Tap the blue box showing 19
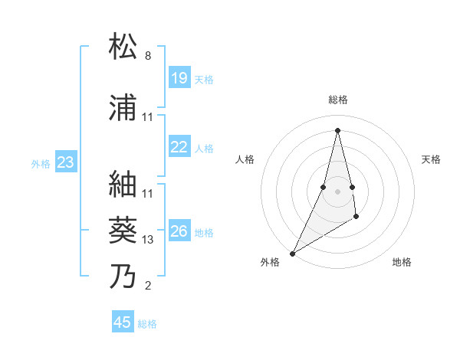pyautogui.click(x=179, y=78)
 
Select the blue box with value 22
pyautogui.click(x=179, y=147)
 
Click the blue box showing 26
pyautogui.click(x=179, y=231)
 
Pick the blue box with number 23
pyautogui.click(x=65, y=162)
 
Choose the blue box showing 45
pyautogui.click(x=123, y=322)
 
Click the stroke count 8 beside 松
pyautogui.click(x=148, y=56)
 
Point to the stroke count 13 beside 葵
pyautogui.click(x=148, y=240)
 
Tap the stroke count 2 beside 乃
pyautogui.click(x=148, y=286)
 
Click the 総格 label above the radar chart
pyautogui.click(x=338, y=100)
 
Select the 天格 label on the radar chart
pyautogui.click(x=432, y=159)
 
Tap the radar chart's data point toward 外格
pyautogui.click(x=292, y=253)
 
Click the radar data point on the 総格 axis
pyautogui.click(x=338, y=130)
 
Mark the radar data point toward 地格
pyautogui.click(x=356, y=218)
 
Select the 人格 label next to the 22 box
pyautogui.click(x=204, y=148)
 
